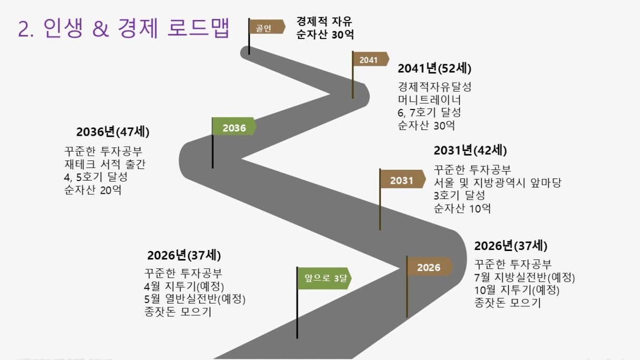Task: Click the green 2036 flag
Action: click(234, 126)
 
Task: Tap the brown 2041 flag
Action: click(371, 59)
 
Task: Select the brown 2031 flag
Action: click(403, 179)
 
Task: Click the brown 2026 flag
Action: click(429, 266)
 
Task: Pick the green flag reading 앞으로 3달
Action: click(324, 278)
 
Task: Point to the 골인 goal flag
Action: click(267, 27)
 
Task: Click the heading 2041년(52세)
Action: click(435, 68)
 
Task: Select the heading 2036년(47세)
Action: click(113, 132)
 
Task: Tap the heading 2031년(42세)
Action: click(471, 151)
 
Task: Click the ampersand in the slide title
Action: click(101, 28)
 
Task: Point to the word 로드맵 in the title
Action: click(198, 28)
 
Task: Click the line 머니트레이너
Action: click(429, 99)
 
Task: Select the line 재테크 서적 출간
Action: click(105, 164)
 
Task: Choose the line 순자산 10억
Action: click(462, 208)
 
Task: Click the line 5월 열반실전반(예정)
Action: click(195, 299)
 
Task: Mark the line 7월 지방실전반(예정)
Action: click(525, 277)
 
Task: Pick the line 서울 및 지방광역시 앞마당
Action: click(497, 183)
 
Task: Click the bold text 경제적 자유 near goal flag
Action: click(324, 21)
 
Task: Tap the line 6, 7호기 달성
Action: click(429, 113)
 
